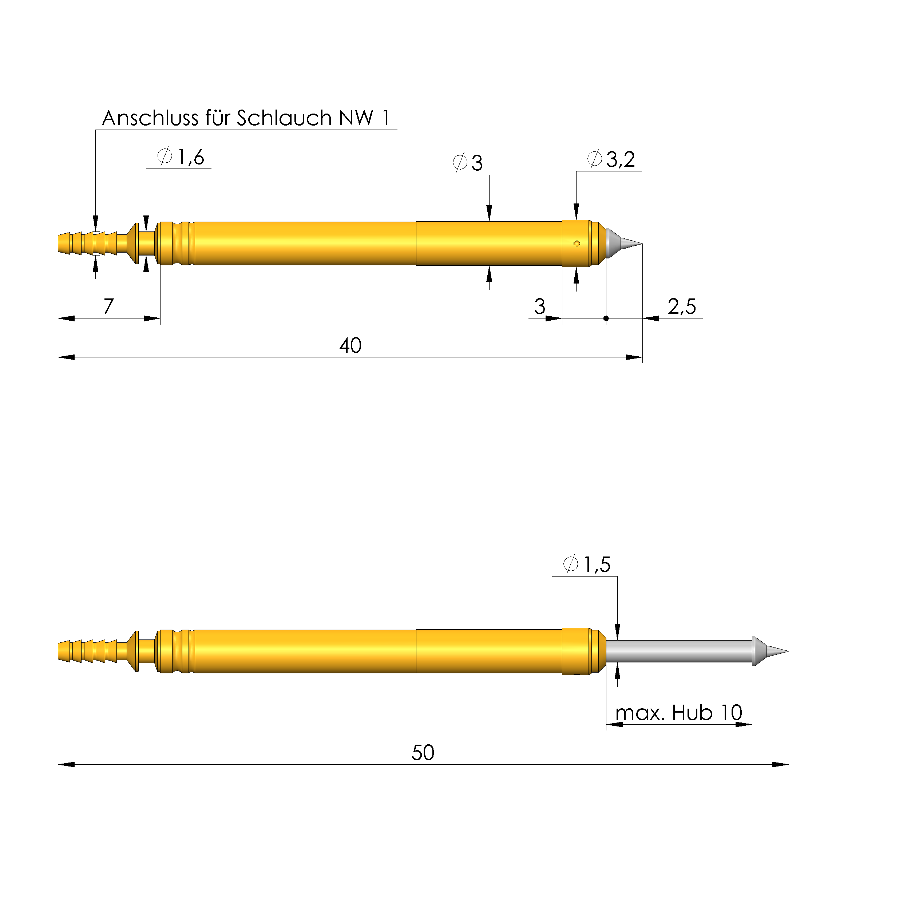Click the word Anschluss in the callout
[150, 118]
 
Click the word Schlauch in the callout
[284, 118]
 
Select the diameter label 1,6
[190, 157]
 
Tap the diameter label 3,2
[620, 159]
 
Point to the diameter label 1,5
[597, 565]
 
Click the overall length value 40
[350, 346]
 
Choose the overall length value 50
[423, 753]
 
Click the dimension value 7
[108, 306]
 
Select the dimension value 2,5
[681, 307]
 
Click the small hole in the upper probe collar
[576, 244]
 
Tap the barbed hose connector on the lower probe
[88, 651]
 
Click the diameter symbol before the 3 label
[459, 163]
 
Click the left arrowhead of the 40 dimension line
[66, 357]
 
